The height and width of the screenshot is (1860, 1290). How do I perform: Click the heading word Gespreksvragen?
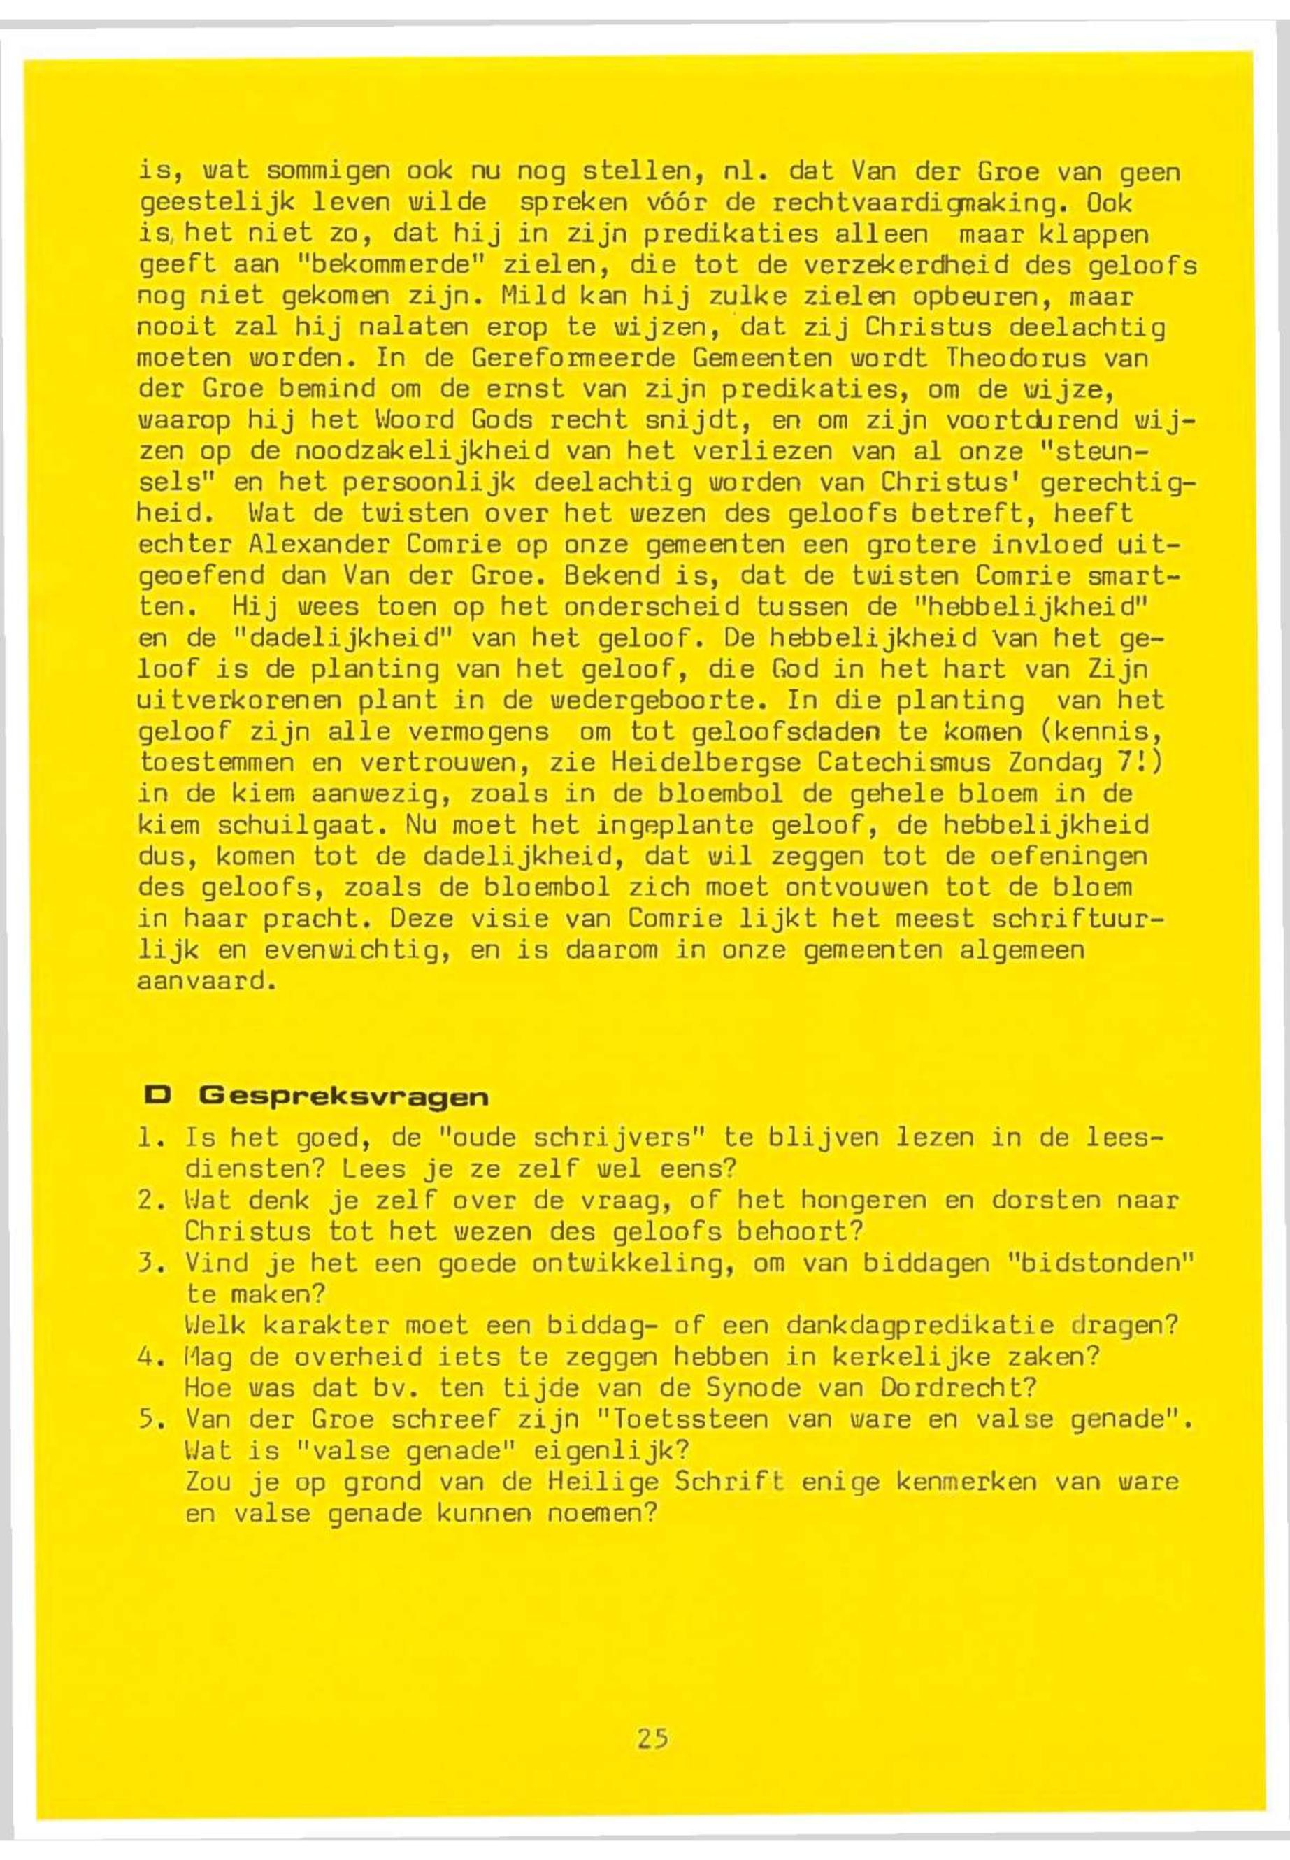pos(343,1097)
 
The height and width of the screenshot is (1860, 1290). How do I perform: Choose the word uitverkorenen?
pos(239,701)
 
